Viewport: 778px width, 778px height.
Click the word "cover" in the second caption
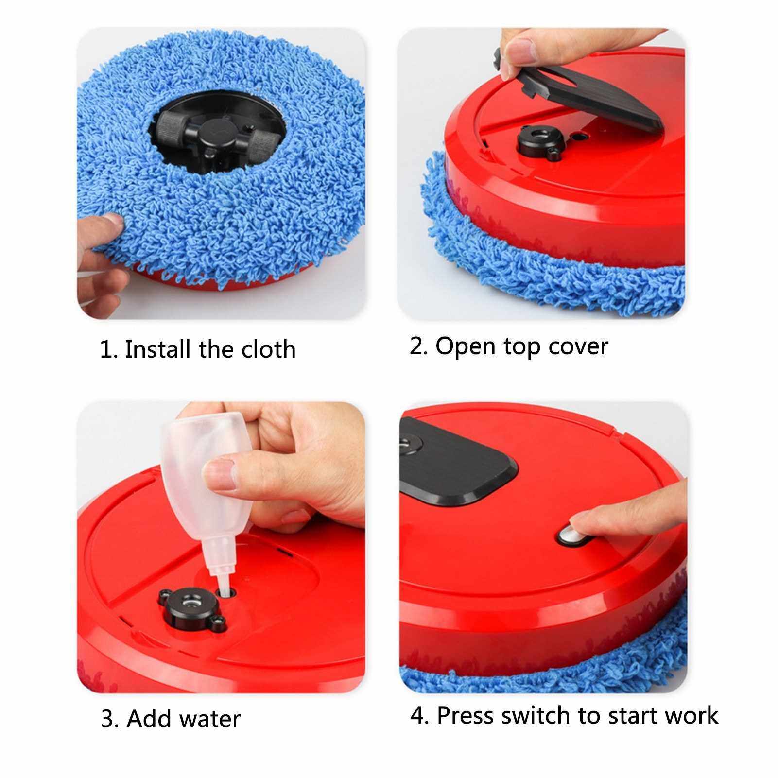click(578, 347)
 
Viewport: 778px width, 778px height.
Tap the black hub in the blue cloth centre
click(217, 134)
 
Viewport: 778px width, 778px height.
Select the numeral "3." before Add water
click(109, 719)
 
